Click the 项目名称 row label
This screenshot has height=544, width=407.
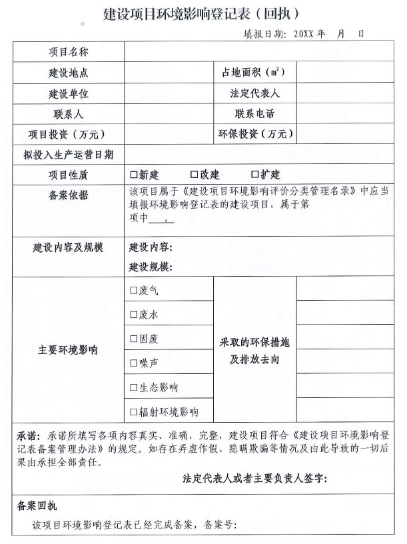tap(69, 51)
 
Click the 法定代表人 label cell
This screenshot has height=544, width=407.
tap(254, 93)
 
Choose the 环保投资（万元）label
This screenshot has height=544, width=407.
tap(256, 134)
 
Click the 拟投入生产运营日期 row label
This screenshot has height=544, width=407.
tap(69, 155)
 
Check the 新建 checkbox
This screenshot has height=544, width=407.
tap(134, 175)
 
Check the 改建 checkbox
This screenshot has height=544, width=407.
tap(195, 175)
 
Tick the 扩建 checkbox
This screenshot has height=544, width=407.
tap(255, 175)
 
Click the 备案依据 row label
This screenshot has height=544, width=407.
tap(69, 195)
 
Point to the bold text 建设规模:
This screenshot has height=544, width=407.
tap(151, 267)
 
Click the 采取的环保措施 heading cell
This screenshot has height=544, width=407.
tap(254, 342)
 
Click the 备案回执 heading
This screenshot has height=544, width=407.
tap(37, 506)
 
